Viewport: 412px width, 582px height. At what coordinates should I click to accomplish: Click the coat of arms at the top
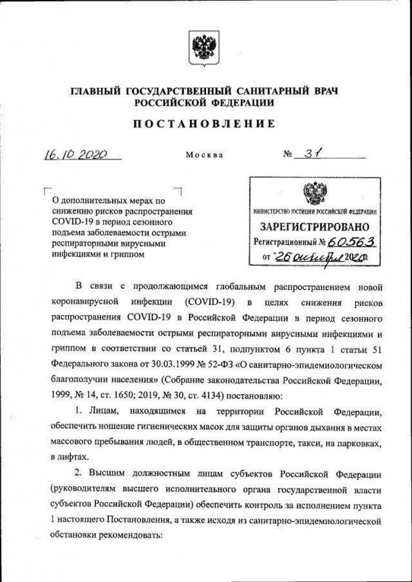click(x=205, y=48)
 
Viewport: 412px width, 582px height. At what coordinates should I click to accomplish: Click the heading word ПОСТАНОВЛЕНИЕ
click(x=204, y=124)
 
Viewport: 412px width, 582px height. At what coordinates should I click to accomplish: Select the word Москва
click(x=204, y=156)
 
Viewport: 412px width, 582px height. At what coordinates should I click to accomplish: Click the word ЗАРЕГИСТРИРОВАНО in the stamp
click(x=314, y=227)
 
